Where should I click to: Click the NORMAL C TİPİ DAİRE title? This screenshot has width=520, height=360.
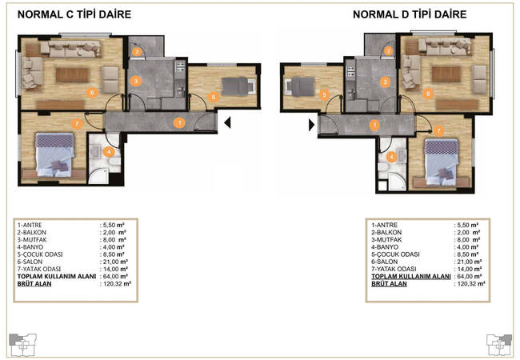click(74, 14)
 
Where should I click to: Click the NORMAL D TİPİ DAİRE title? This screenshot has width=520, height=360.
click(410, 14)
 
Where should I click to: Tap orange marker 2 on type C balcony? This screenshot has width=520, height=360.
click(137, 52)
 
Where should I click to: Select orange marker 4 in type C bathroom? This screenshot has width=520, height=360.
click(109, 152)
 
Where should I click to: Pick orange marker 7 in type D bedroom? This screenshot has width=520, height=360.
click(438, 131)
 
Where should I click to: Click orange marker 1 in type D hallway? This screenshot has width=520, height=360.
click(374, 125)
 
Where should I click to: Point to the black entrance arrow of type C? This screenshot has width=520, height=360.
click(227, 122)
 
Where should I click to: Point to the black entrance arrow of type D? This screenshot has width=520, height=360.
click(311, 125)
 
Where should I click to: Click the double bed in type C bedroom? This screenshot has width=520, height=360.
click(54, 154)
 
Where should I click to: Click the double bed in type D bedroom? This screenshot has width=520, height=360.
click(442, 162)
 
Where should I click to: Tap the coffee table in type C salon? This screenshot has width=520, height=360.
click(72, 75)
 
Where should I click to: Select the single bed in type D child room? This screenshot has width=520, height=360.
click(300, 87)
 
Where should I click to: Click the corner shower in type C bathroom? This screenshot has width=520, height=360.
click(98, 176)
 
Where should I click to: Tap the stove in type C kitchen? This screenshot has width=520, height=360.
click(180, 66)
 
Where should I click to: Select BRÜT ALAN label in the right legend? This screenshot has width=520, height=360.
click(389, 284)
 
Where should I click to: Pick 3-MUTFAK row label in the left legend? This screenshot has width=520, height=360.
click(32, 240)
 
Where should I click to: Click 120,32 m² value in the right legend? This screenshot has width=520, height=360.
click(471, 284)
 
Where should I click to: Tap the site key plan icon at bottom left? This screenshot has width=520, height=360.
click(22, 345)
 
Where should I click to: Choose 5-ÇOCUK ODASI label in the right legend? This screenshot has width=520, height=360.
click(395, 254)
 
